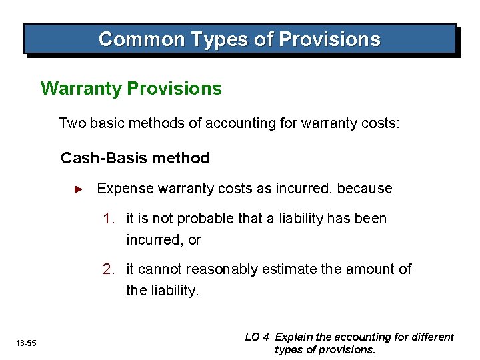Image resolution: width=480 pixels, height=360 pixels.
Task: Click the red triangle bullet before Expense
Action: point(78,189)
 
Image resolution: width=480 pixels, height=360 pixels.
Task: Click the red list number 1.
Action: point(108,219)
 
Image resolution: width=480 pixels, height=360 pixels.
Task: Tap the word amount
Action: point(371,269)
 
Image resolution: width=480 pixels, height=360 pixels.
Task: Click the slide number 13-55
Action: point(27,343)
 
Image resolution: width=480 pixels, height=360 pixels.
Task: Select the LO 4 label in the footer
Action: point(257,337)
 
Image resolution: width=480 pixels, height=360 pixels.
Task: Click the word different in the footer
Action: point(431,337)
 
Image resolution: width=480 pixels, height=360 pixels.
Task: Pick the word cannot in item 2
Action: point(159,269)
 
